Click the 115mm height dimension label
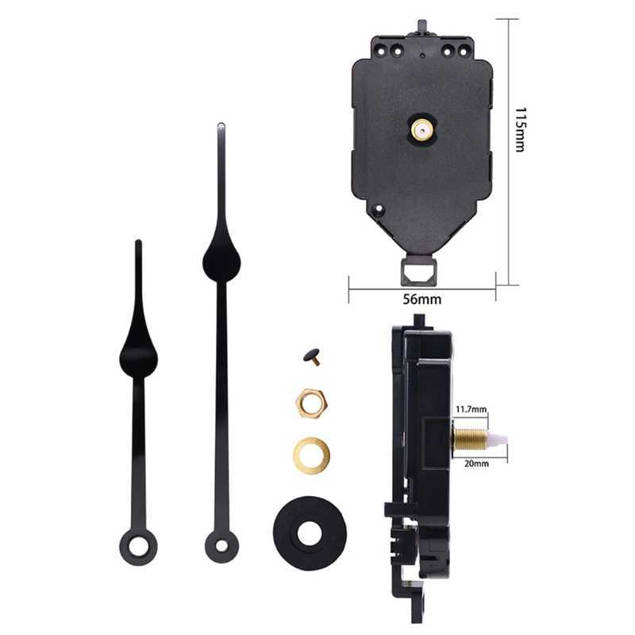[519, 129]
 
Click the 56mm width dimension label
[421, 299]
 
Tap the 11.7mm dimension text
[471, 410]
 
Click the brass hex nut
[310, 403]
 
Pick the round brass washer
[311, 455]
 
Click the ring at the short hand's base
[138, 547]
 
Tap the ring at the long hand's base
[221, 545]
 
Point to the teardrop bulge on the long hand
[221, 258]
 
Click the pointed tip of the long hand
[221, 126]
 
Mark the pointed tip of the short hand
[138, 243]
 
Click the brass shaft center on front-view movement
[421, 129]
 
